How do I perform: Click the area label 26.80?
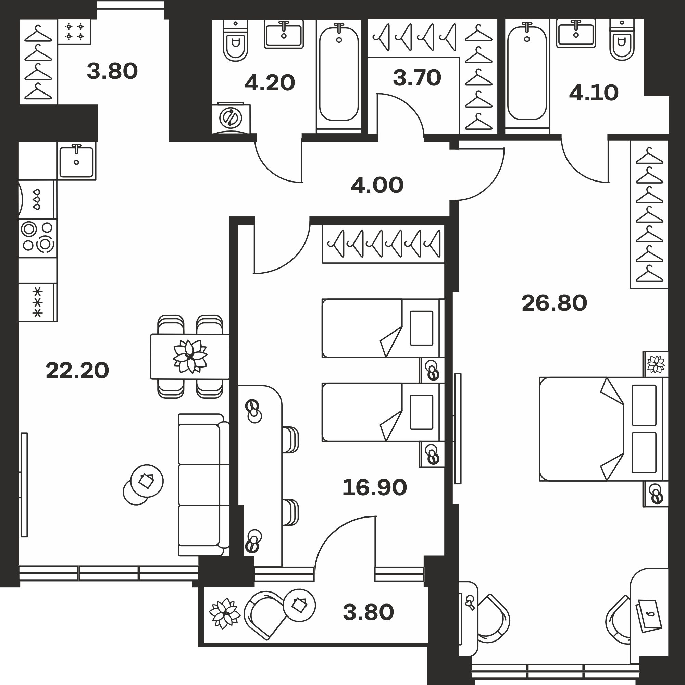point(554,303)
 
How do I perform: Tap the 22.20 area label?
point(77,370)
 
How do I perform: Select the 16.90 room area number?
point(374,487)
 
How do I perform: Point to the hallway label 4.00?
point(377,185)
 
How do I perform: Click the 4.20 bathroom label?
point(270,83)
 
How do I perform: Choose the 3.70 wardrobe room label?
point(417,78)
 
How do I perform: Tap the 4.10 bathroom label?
point(594,93)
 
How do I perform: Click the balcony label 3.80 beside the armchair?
point(369,612)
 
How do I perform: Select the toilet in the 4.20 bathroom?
point(235,40)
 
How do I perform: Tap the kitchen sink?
point(76,161)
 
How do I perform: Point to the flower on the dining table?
point(190,356)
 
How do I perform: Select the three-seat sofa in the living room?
point(203,485)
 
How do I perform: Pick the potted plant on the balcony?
point(225,613)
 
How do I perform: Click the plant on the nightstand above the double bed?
point(656,364)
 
